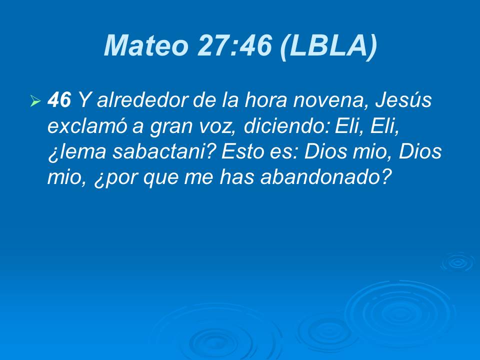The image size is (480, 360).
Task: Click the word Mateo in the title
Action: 145,46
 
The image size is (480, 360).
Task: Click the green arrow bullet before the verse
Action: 35,102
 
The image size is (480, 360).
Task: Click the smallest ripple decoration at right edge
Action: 457,261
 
